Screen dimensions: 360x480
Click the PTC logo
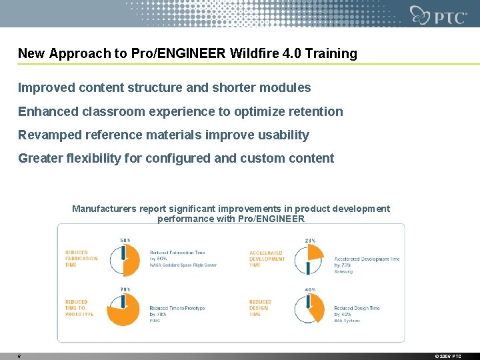click(x=439, y=15)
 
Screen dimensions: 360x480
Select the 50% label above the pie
click(x=125, y=241)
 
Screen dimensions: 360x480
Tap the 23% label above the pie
click(x=310, y=241)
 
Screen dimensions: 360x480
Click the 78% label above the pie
click(x=125, y=289)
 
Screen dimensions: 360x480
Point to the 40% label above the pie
click(x=310, y=289)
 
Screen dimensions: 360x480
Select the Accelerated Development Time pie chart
click(x=309, y=260)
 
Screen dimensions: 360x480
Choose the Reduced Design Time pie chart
click(x=309, y=309)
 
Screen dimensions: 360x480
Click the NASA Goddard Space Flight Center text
click(x=183, y=265)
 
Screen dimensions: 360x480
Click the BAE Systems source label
click(x=347, y=321)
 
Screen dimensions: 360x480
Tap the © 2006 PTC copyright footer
click(x=448, y=357)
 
